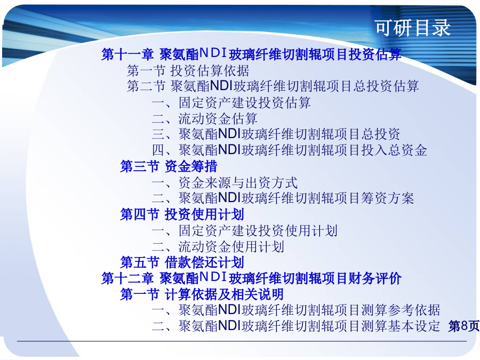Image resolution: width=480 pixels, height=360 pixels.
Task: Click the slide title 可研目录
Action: coord(413,28)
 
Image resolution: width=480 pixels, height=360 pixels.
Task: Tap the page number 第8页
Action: coord(464,326)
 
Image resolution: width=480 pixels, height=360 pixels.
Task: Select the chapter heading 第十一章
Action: coord(127,54)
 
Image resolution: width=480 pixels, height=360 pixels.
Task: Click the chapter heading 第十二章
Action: coord(127,278)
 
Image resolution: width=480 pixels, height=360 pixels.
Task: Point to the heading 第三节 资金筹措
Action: coord(169,166)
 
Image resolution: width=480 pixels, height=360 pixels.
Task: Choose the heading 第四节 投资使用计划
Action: coord(182,214)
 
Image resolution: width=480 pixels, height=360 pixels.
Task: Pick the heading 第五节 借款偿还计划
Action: coord(182,262)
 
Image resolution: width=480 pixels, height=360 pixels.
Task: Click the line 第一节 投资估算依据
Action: coord(188,71)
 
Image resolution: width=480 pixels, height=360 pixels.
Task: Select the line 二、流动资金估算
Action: coord(204,118)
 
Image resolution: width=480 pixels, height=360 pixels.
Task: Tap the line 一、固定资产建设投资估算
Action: coord(231,102)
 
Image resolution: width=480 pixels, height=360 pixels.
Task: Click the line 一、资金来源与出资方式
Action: coord(225,183)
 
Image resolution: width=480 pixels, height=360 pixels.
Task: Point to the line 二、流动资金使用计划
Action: coord(218,246)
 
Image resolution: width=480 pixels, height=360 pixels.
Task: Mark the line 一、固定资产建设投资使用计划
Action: coord(245,230)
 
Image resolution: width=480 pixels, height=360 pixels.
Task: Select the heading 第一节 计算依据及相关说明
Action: coord(202,294)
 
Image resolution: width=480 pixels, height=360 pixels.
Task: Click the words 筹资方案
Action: coord(387,198)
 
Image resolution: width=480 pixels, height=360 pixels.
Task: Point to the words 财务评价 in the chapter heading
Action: coord(375,278)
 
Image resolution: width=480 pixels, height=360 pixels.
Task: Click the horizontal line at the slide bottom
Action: coord(242,341)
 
